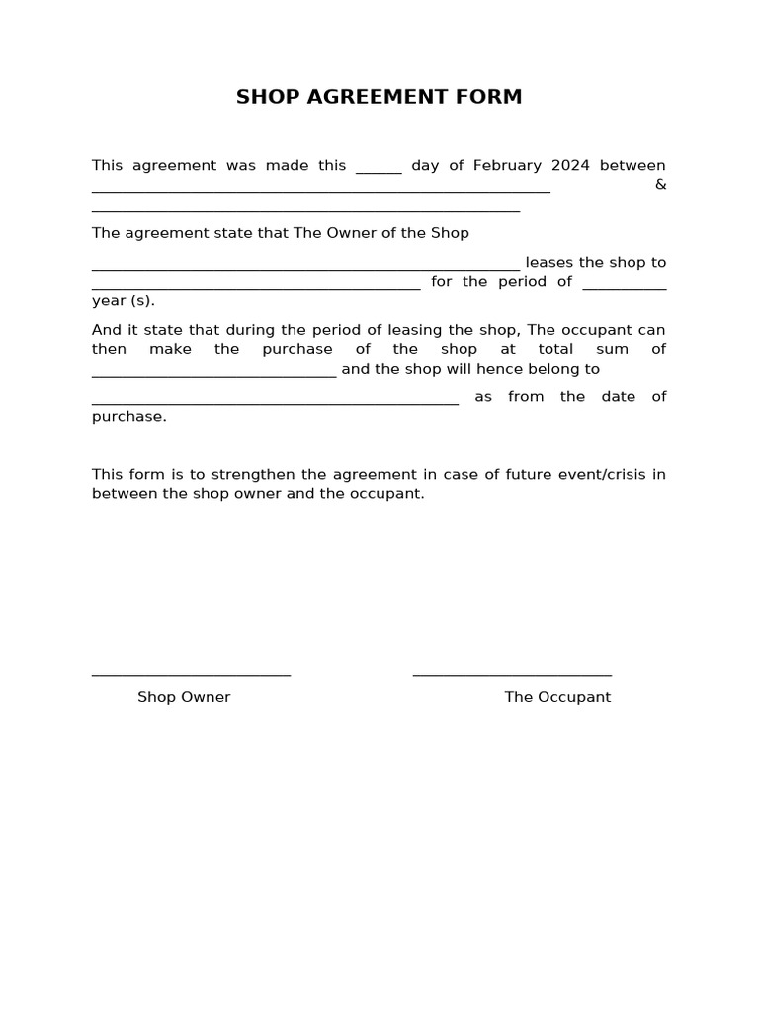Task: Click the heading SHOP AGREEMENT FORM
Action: [x=379, y=97]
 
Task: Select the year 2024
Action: [x=570, y=165]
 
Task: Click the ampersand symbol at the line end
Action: [x=660, y=185]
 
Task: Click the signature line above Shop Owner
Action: [x=191, y=674]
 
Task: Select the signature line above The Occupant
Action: [x=512, y=674]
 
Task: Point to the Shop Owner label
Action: [x=184, y=697]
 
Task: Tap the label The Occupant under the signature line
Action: [x=557, y=697]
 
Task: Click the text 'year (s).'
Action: [x=124, y=300]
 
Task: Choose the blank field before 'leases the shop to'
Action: [x=305, y=266]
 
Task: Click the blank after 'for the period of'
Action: [x=625, y=286]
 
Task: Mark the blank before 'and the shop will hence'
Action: [x=213, y=373]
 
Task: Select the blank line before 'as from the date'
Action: [x=275, y=401]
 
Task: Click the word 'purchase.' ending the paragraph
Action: [x=129, y=416]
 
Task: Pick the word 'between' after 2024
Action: [x=632, y=165]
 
